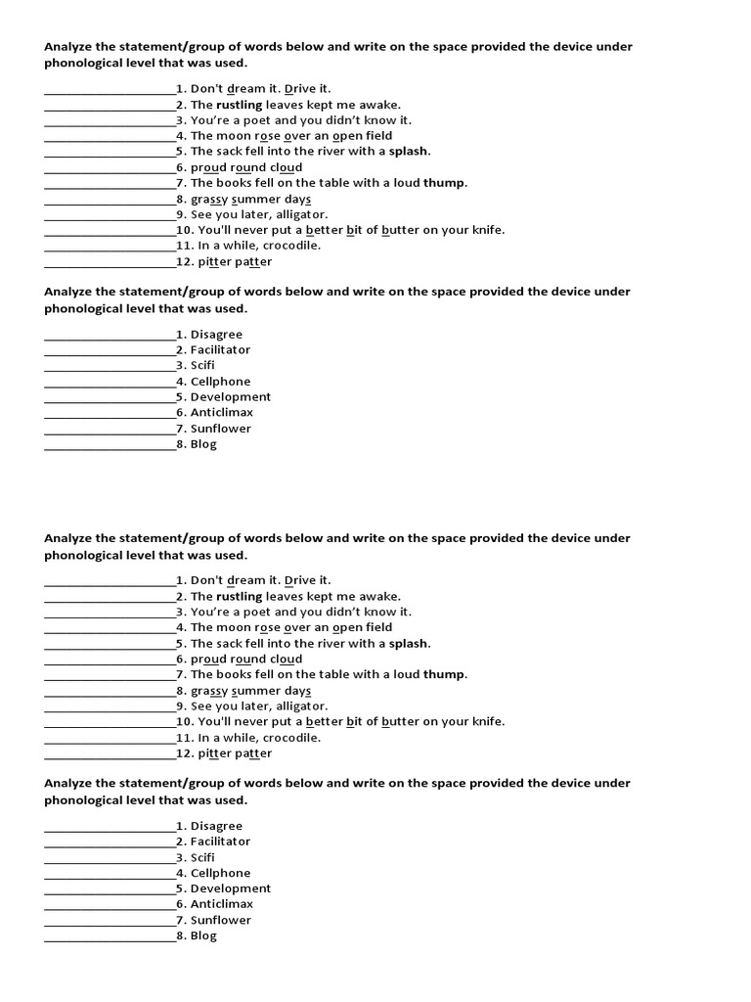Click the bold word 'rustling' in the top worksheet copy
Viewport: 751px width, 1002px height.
click(x=239, y=105)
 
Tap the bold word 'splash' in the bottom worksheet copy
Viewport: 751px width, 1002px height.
click(x=409, y=644)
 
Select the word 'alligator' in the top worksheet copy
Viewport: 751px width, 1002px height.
click(x=299, y=214)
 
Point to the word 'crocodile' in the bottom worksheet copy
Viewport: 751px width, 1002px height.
click(x=288, y=738)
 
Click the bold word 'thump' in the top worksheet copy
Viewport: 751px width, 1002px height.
click(x=444, y=183)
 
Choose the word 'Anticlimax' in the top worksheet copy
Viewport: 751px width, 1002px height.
click(x=221, y=413)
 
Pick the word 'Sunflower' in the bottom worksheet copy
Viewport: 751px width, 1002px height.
click(x=220, y=920)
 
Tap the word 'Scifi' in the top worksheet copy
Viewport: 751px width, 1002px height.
click(x=202, y=366)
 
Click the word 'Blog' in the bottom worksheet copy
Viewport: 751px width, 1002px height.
click(x=203, y=935)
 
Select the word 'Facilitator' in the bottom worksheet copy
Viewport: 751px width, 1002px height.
click(x=220, y=842)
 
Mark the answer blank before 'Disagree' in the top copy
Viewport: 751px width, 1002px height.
click(x=110, y=336)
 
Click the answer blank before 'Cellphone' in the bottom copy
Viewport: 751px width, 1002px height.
click(x=110, y=874)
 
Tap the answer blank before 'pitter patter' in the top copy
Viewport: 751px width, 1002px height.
click(x=110, y=263)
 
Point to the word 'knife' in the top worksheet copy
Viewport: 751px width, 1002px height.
click(x=486, y=230)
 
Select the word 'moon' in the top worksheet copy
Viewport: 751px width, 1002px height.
click(x=234, y=136)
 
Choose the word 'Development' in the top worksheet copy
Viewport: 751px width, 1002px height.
click(x=231, y=397)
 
